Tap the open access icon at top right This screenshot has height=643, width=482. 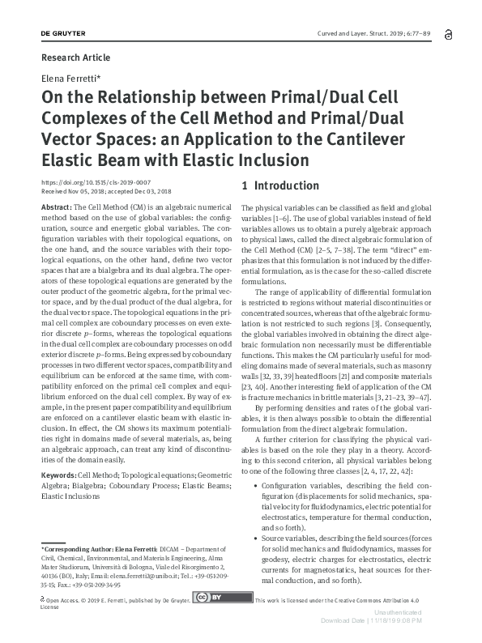point(446,31)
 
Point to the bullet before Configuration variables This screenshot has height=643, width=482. point(255,483)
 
